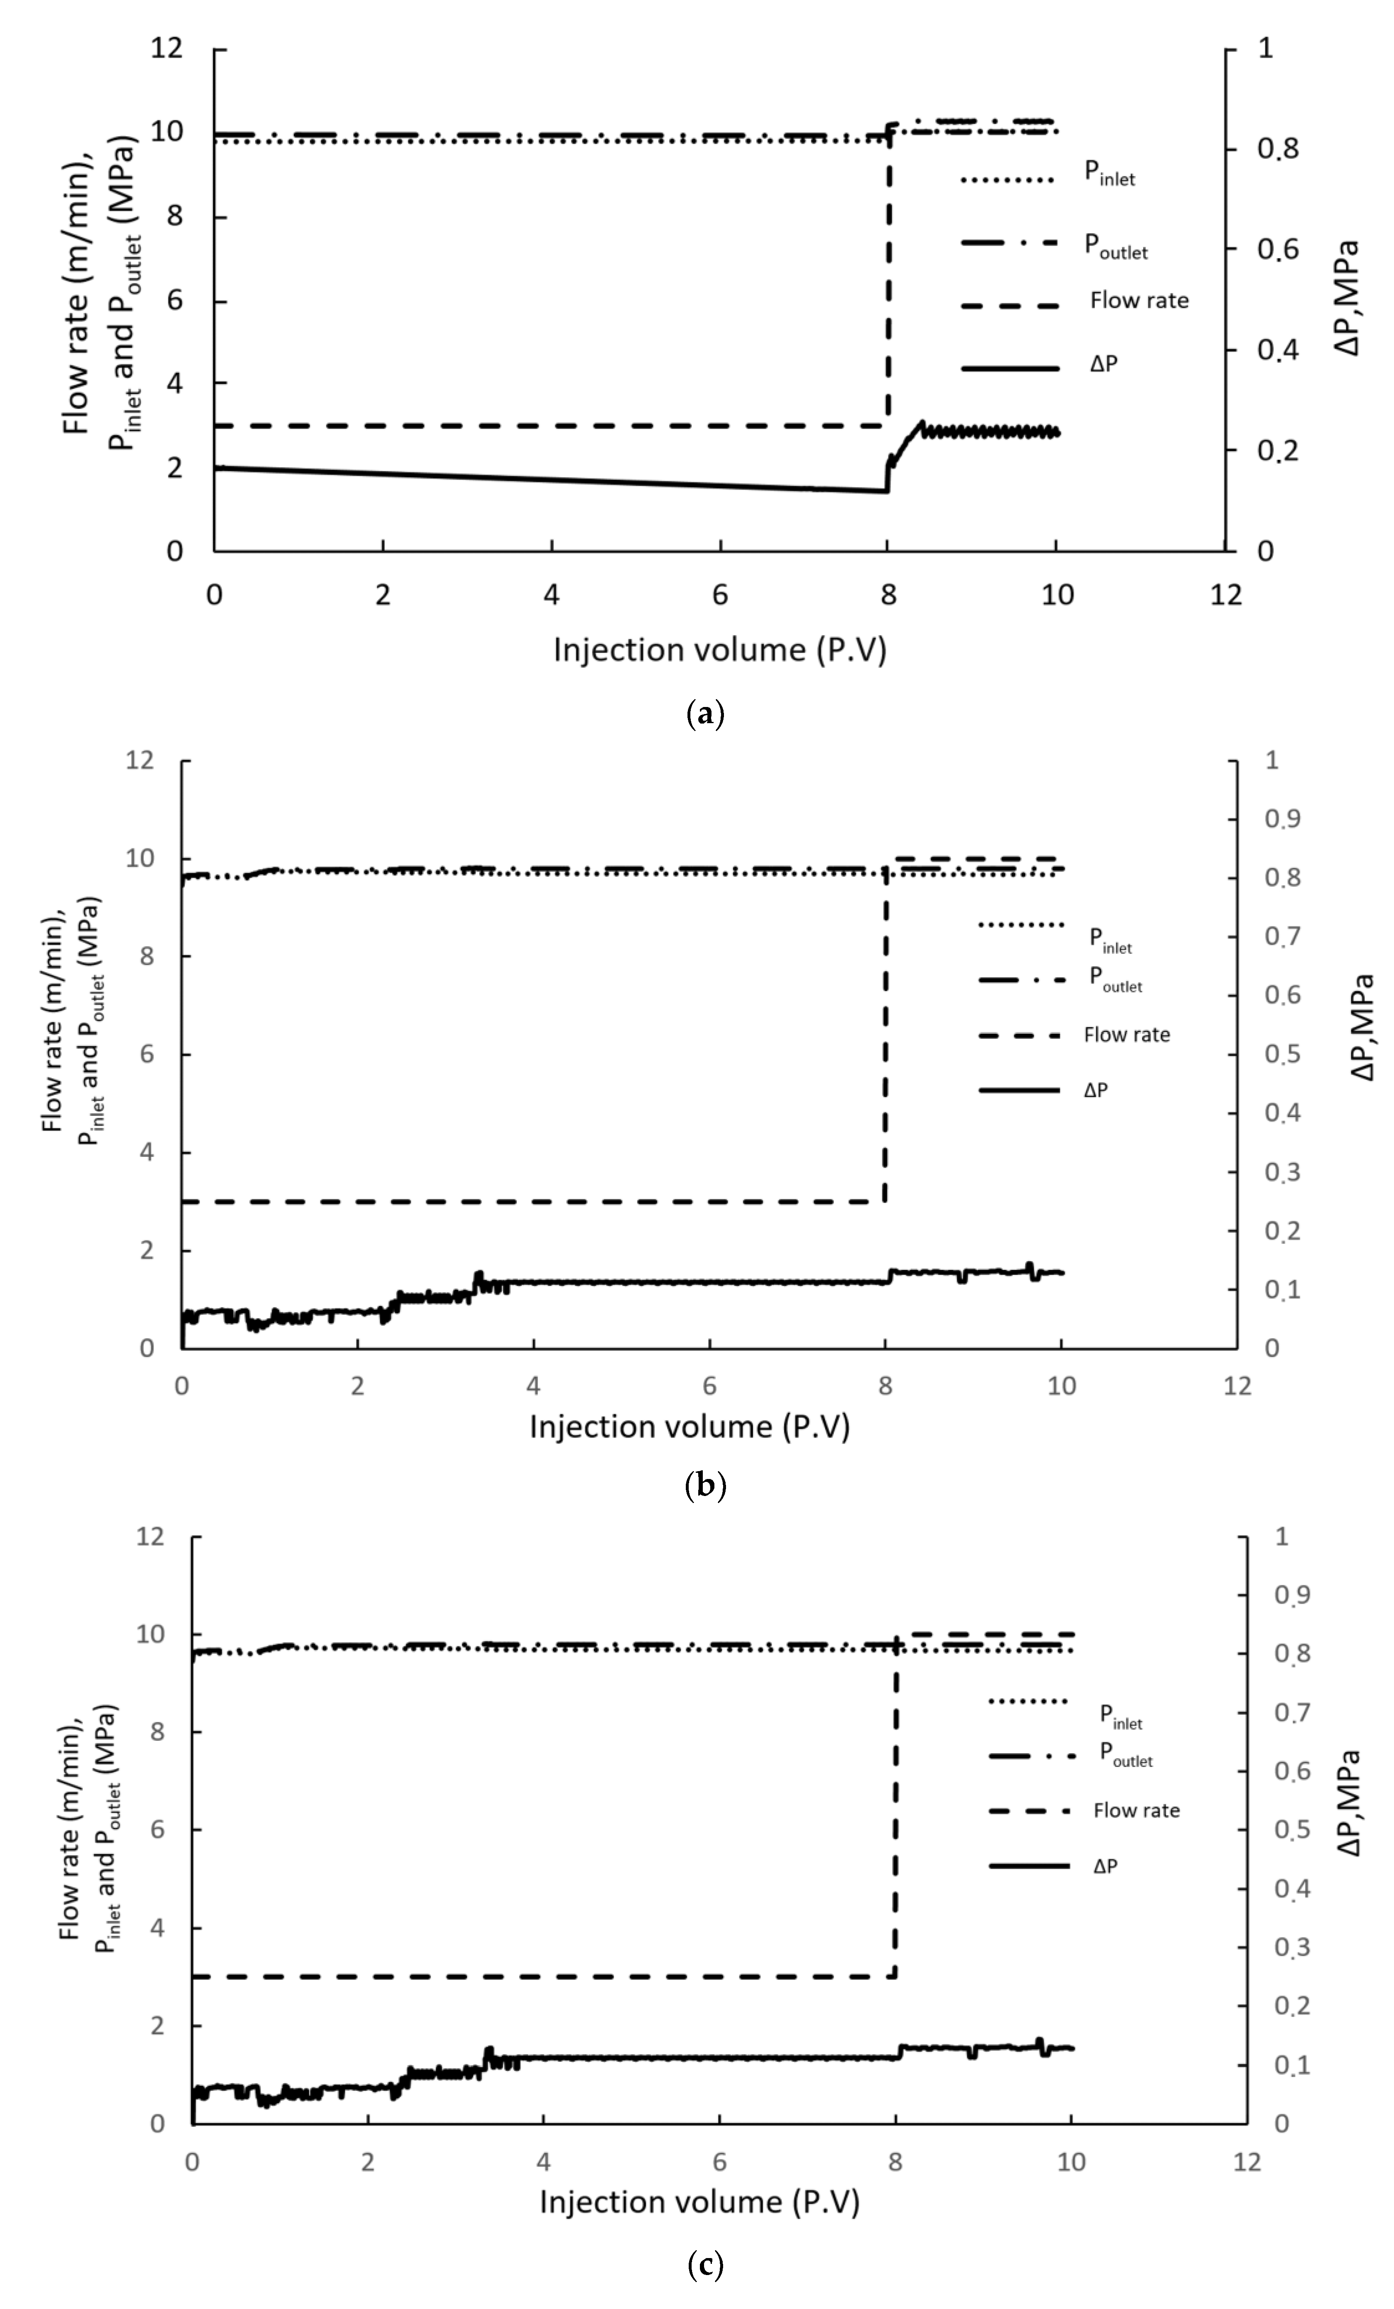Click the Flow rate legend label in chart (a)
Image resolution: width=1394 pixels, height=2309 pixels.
(1138, 301)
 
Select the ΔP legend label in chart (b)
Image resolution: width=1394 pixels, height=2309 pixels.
(1095, 1090)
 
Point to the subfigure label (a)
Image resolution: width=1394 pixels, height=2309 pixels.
(705, 715)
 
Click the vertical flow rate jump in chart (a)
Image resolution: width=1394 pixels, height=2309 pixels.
(888, 281)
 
